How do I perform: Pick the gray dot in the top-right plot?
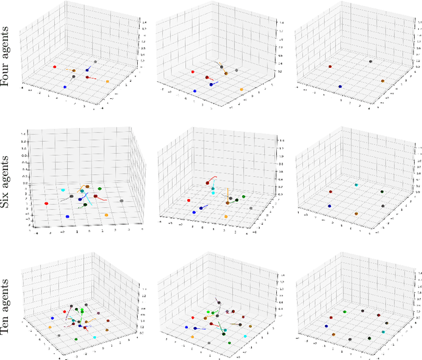coord(370,61)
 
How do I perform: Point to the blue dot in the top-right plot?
coord(340,86)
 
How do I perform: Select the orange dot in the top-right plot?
coord(383,80)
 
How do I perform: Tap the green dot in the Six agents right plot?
coord(381,192)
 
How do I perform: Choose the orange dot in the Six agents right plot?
coord(356,214)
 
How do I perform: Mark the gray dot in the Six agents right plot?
coord(382,206)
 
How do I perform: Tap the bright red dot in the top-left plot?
coord(55,67)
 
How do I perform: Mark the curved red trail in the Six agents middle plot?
coord(214,178)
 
